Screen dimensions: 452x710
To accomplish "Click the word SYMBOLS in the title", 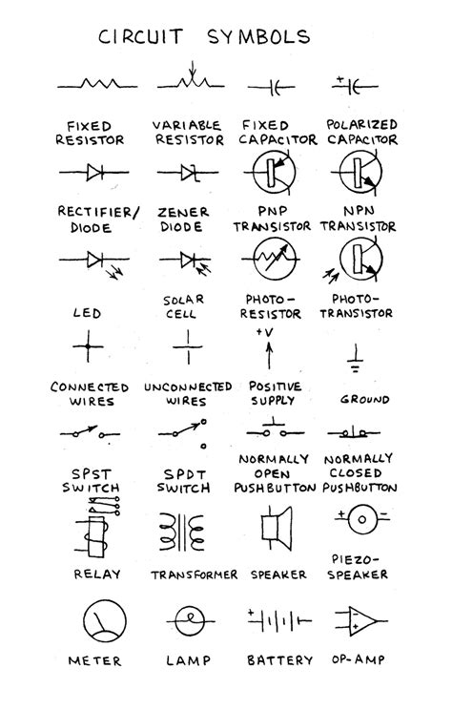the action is pyautogui.click(x=258, y=36).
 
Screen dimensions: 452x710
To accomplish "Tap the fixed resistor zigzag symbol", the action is pyautogui.click(x=97, y=84).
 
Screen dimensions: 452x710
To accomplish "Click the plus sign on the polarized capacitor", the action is pyautogui.click(x=339, y=80).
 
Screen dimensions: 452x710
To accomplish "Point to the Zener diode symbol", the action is pyautogui.click(x=188, y=173).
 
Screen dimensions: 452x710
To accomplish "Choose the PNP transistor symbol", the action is pyautogui.click(x=273, y=173).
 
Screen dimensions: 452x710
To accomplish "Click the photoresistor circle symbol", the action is pyautogui.click(x=274, y=259).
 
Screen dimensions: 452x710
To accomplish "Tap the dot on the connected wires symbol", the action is pyautogui.click(x=89, y=346).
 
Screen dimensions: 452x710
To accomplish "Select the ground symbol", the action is pyautogui.click(x=356, y=359).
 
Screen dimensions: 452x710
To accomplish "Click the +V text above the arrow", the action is pyautogui.click(x=265, y=332).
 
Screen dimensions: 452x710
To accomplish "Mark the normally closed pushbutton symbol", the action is pyautogui.click(x=354, y=432).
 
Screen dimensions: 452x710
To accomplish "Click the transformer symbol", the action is pyautogui.click(x=182, y=532).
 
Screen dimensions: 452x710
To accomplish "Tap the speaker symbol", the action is pyautogui.click(x=276, y=529).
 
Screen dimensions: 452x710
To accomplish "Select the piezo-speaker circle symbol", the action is pyautogui.click(x=362, y=519).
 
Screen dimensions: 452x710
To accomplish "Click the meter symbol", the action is pyautogui.click(x=105, y=621).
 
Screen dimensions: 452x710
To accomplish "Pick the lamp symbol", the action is pyautogui.click(x=190, y=621).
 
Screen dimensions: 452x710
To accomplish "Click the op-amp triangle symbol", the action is pyautogui.click(x=362, y=621).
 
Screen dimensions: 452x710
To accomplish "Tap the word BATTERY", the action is pyautogui.click(x=279, y=660).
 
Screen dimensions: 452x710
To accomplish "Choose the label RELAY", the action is pyautogui.click(x=97, y=574).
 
